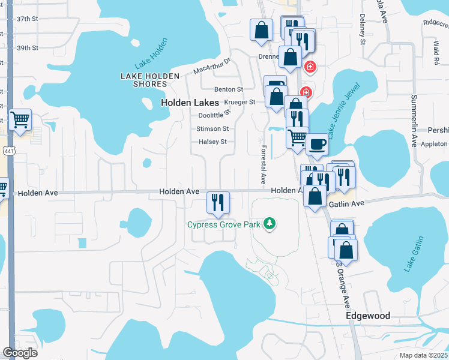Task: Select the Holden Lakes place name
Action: coord(190,103)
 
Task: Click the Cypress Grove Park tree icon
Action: coord(270,224)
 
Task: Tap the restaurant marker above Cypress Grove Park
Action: coord(217,202)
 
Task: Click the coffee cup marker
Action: coord(317,145)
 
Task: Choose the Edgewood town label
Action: coord(368,316)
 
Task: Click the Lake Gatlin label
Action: coord(414,254)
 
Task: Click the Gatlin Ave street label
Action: coord(346,204)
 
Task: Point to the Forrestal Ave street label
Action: coord(262,164)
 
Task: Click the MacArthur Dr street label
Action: coord(212,66)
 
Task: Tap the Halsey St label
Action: coord(213,142)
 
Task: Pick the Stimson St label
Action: coord(212,128)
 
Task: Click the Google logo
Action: coord(20,353)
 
